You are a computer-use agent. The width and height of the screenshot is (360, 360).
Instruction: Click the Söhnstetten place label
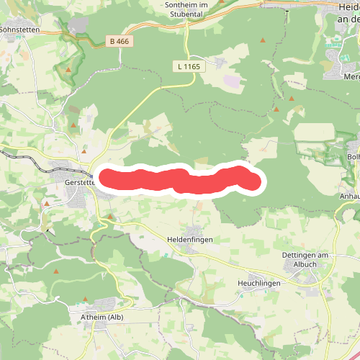(18, 30)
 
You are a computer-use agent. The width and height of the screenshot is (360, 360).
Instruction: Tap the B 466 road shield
(120, 42)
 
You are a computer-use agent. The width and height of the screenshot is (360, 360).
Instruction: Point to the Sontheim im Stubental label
(186, 8)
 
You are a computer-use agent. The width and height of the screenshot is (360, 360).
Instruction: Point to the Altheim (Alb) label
(102, 317)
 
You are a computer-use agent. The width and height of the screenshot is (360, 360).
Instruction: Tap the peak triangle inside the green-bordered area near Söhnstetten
(68, 70)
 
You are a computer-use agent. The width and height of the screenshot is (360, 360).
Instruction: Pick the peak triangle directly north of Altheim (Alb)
(86, 299)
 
